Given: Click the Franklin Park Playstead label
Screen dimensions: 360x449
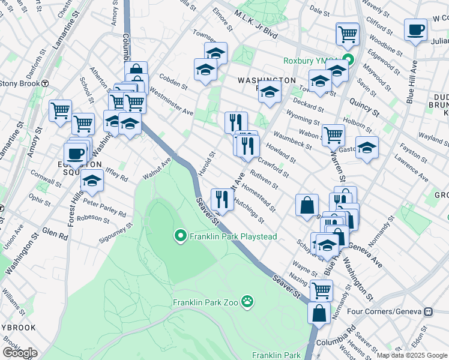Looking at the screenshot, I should click(233, 236).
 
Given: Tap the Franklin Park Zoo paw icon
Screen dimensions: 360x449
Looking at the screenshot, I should click(247, 301).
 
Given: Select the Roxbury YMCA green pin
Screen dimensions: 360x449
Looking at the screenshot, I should click(352, 61).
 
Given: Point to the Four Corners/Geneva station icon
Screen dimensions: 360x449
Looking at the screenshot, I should click(429, 311).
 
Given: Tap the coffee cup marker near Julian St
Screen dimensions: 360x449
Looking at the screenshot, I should click(415, 29).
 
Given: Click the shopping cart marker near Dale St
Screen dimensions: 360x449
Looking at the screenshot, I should click(348, 34).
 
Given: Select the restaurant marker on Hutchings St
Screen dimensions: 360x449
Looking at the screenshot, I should click(222, 199).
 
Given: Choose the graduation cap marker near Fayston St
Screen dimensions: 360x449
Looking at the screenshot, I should click(367, 148).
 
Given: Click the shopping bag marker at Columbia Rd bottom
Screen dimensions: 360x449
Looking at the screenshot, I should click(319, 313).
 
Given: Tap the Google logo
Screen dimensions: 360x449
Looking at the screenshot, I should click(19, 353).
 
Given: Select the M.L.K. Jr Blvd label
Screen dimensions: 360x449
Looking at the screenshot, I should click(256, 25).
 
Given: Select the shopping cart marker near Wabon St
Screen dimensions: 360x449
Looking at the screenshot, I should click(333, 135).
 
